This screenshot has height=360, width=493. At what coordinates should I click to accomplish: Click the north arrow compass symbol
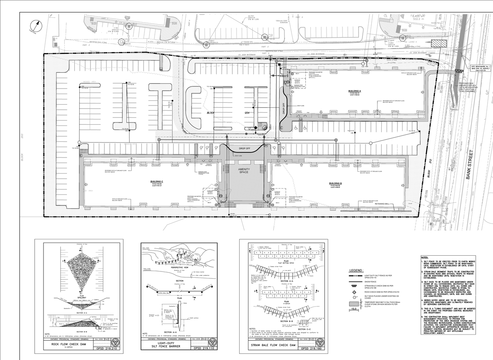tap(37, 26)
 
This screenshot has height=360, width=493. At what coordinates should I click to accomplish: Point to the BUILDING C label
tap(157, 181)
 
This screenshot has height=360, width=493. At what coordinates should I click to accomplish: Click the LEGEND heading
tap(356, 271)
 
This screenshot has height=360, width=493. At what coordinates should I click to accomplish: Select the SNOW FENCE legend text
tap(371, 281)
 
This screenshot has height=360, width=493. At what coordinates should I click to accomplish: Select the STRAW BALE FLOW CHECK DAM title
tap(268, 346)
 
